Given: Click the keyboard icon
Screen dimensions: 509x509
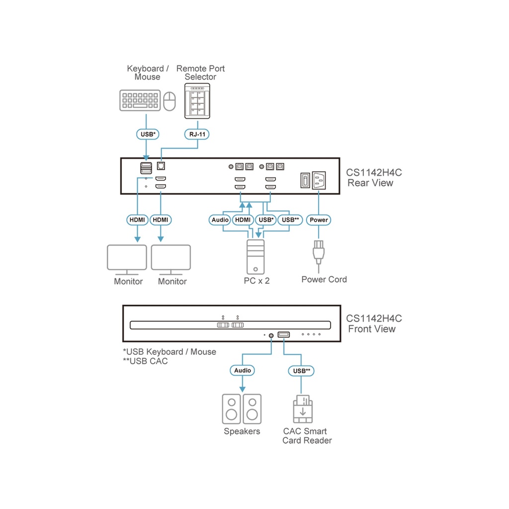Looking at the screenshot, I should click(x=140, y=100).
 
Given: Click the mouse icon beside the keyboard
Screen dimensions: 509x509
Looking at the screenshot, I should click(x=170, y=101).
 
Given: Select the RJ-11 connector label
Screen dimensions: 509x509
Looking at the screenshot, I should click(x=197, y=134).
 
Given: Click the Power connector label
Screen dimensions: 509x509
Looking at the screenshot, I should click(x=319, y=220).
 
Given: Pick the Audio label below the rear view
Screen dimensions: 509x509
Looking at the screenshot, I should click(x=220, y=220).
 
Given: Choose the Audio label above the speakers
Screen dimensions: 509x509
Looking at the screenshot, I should click(x=243, y=370).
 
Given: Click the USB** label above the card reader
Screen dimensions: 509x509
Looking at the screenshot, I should click(x=302, y=370).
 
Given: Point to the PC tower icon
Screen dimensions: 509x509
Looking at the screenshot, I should click(x=255, y=256).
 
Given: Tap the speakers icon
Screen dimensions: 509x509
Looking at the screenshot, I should click(x=241, y=409).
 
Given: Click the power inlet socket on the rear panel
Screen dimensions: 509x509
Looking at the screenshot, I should click(x=319, y=179).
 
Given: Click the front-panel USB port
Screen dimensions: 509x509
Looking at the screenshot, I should click(x=283, y=335).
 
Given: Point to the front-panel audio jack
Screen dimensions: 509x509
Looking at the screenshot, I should click(x=271, y=335).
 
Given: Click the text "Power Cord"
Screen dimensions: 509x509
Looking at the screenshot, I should click(x=324, y=279).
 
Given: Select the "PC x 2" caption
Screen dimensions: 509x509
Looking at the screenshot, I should click(x=256, y=281).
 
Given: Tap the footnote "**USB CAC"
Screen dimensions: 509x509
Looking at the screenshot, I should click(x=145, y=361).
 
